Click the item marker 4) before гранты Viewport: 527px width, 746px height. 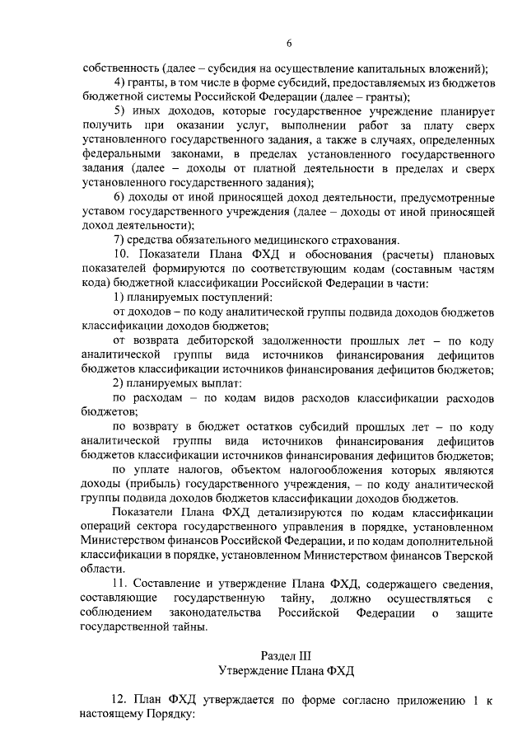(119, 84)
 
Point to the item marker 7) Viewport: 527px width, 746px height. (119, 240)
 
